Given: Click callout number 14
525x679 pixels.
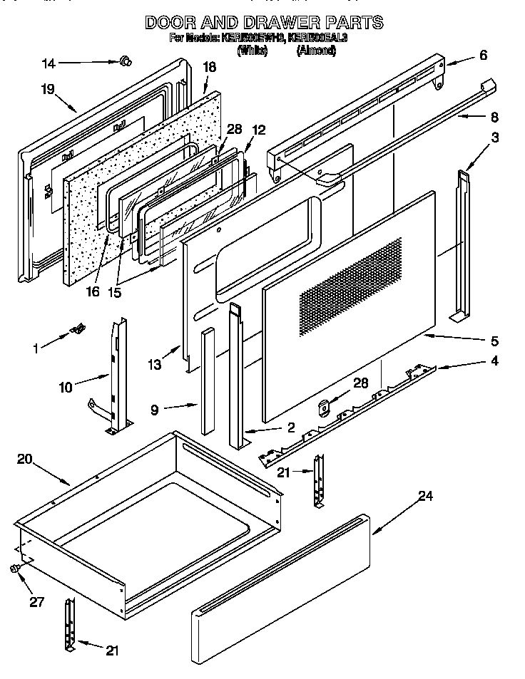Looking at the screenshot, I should point(49,63).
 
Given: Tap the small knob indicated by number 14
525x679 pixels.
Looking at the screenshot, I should point(125,62).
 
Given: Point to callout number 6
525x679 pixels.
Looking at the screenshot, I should point(483,55).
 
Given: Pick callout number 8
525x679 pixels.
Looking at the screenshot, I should point(494,118).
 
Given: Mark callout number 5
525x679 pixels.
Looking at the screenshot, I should point(494,341).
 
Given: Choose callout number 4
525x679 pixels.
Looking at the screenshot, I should point(494,361).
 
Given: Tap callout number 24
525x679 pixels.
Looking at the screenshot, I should point(425,496).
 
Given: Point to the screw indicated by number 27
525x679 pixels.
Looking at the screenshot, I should point(14,568).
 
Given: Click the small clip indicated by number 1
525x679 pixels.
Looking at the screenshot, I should point(78,328).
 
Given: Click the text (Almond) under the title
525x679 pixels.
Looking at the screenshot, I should point(316,51).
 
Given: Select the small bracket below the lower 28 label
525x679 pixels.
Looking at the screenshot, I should point(323,408).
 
